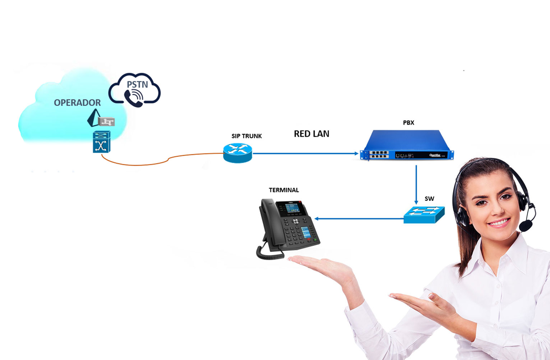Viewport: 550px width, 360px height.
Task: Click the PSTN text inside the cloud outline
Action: coord(137,84)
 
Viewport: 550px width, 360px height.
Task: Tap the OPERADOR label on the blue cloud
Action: coord(77,103)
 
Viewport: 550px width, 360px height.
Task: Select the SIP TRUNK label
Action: coord(246,136)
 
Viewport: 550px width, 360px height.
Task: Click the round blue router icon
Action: coord(237,153)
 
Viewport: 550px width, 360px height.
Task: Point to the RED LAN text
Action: coord(311,134)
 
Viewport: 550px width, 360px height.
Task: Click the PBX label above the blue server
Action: coord(408,123)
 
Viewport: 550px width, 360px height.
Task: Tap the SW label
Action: coord(429,198)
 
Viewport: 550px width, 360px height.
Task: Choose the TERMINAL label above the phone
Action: coord(284,190)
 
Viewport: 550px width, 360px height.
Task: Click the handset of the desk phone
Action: coord(268,223)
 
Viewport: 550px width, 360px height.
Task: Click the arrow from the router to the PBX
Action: coord(305,153)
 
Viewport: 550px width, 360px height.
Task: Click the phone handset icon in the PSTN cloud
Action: coord(134,97)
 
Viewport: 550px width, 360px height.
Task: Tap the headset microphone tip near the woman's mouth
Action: coord(526,226)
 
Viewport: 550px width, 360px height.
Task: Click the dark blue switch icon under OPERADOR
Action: coord(101,142)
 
